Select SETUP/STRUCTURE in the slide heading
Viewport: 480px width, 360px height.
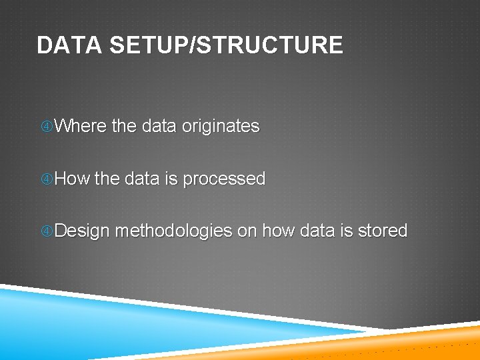pyautogui.click(x=225, y=45)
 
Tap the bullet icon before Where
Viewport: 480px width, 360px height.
pyautogui.click(x=46, y=127)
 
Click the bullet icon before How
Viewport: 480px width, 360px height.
pyautogui.click(x=46, y=179)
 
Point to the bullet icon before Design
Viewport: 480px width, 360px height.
pyautogui.click(x=46, y=231)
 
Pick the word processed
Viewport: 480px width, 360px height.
pyautogui.click(x=224, y=179)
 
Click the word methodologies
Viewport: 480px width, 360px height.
pyautogui.click(x=173, y=231)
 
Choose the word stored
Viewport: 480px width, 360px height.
pyautogui.click(x=383, y=231)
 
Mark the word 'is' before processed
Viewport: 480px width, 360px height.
pyautogui.click(x=171, y=179)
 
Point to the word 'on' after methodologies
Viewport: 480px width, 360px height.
pyautogui.click(x=247, y=231)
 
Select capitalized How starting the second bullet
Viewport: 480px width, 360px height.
pyautogui.click(x=72, y=179)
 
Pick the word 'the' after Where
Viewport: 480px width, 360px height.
pyautogui.click(x=124, y=126)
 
